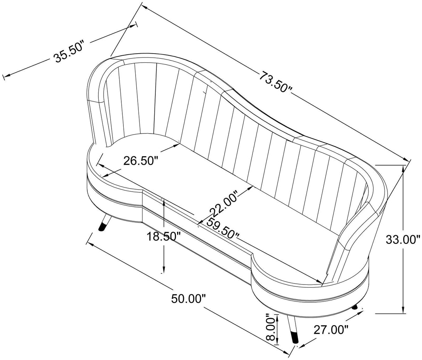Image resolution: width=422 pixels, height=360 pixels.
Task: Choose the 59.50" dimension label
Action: click(x=223, y=228)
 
